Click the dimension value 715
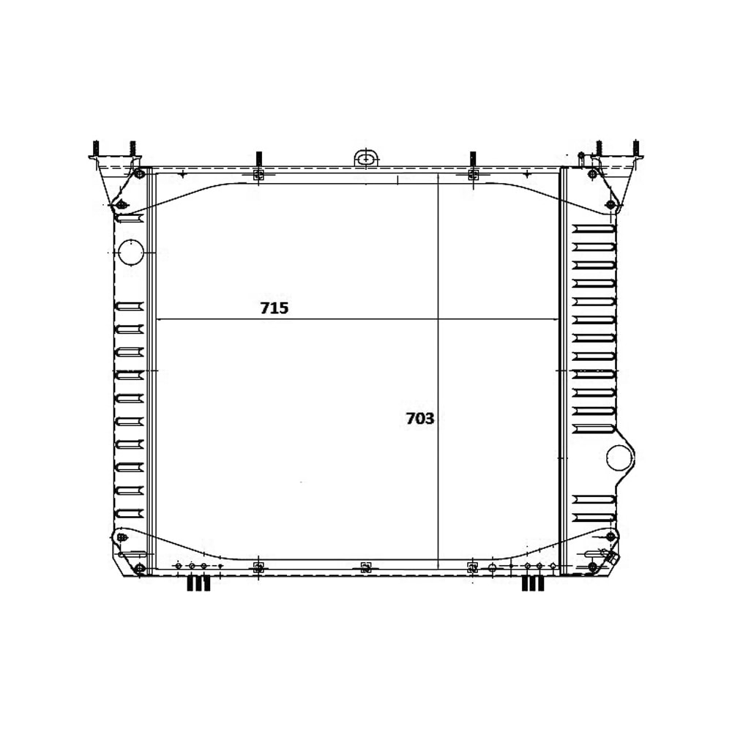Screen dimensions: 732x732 pos(274,308)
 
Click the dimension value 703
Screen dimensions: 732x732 pos(420,419)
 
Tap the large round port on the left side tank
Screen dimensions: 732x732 pos(131,252)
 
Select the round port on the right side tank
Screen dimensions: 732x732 pos(619,458)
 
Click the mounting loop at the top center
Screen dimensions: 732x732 pos(366,157)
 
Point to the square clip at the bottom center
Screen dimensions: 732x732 pos(366,567)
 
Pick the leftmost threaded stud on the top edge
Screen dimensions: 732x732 pos(95,149)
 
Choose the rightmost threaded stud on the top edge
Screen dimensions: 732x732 pos(635,149)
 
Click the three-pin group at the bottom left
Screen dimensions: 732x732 pos(198,583)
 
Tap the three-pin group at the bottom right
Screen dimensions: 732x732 pos(533,583)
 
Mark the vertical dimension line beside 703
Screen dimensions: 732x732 pos(438,366)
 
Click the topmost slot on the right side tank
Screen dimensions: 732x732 pos(594,228)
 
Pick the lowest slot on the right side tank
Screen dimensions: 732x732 pos(594,518)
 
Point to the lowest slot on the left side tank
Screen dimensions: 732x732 pos(130,513)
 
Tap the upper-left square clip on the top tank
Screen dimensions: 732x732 pos(258,175)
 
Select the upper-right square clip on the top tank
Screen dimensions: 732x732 pos(473,175)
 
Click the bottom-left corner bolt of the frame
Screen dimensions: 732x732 pos(139,568)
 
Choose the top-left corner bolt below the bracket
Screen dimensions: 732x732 pos(139,173)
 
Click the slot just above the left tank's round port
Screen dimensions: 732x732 pos(130,219)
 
